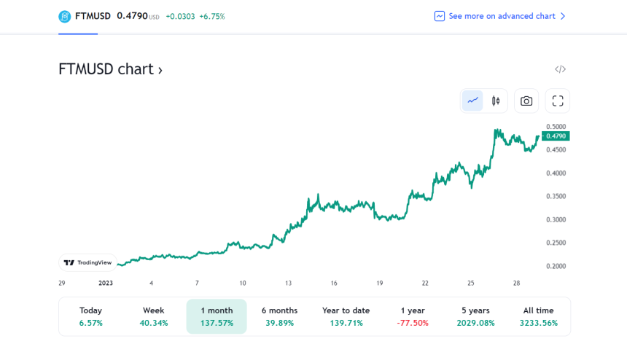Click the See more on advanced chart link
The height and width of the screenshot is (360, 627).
click(501, 16)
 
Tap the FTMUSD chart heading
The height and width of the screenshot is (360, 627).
click(110, 69)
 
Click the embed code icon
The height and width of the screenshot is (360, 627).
click(560, 69)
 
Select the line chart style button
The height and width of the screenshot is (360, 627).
click(473, 101)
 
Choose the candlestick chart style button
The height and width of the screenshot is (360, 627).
click(496, 101)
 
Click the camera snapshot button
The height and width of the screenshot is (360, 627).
click(526, 101)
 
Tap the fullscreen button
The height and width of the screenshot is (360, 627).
click(558, 101)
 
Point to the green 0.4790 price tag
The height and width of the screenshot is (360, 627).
click(556, 136)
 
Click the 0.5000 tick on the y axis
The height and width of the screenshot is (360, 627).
click(556, 127)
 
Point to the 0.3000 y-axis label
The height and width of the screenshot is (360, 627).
click(556, 219)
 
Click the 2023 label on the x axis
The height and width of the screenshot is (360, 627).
click(106, 283)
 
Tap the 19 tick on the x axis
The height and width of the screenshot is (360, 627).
click(379, 283)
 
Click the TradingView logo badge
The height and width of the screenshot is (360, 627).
click(87, 262)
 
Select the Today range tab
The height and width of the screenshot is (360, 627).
click(91, 316)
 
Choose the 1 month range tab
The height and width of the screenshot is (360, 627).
click(217, 316)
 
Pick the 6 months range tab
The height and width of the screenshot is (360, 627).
click(280, 316)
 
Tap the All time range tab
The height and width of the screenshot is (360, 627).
click(539, 316)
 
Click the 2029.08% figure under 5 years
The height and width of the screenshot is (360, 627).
click(476, 323)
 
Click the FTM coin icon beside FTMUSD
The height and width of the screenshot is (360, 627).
click(65, 16)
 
